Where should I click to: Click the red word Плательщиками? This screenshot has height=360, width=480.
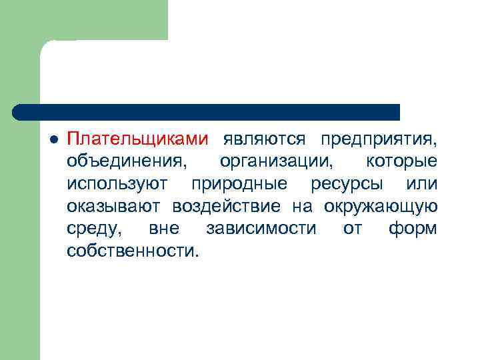(137, 139)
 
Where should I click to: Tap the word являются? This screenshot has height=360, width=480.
(265, 139)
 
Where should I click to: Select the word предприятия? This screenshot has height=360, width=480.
(378, 139)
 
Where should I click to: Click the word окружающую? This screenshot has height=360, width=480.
(381, 206)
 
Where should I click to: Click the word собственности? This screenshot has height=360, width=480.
(133, 251)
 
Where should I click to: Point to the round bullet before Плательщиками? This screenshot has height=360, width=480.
(54, 140)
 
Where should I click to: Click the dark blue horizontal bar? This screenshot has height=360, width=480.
(207, 112)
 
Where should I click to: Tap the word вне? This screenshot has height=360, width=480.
(164, 229)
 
